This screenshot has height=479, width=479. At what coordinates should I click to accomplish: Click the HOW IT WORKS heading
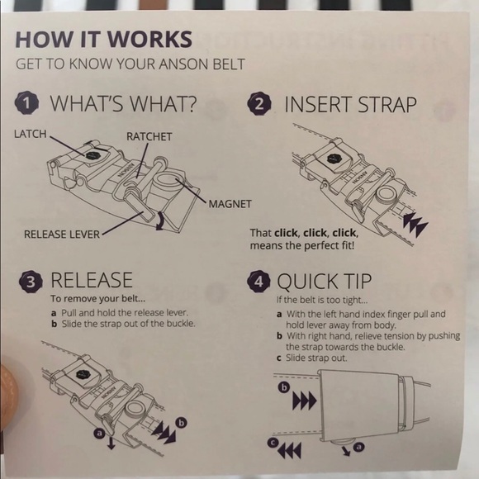coord(104,39)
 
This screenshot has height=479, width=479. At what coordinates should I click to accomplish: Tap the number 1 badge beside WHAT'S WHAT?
coord(27,103)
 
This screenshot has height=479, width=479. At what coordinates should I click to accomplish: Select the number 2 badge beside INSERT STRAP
coord(259,103)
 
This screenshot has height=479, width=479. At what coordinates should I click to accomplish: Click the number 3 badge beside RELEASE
coord(31,282)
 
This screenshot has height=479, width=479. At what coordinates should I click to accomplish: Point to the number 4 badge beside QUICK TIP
coord(258,282)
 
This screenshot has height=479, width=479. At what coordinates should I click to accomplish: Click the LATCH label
coord(31,134)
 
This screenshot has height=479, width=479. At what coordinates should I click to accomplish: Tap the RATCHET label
coord(149,136)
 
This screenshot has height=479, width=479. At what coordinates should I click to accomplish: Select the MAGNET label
coord(230,204)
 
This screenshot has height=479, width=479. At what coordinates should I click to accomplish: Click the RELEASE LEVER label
coord(62,235)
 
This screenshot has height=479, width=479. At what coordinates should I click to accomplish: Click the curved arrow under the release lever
coord(161,221)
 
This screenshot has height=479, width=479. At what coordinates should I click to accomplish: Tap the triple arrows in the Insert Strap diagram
coord(415,224)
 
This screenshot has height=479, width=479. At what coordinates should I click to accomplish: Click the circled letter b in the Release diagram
coord(182,423)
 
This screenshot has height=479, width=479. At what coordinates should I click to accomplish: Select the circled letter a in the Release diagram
coord(99,433)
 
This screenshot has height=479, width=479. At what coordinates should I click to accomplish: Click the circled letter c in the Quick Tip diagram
coord(272,443)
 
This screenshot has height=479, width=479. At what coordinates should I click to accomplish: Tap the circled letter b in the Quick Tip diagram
coord(284,387)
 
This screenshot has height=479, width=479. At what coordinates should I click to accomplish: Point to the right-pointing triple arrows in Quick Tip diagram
coord(304,401)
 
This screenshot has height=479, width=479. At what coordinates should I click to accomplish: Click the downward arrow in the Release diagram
coord(111,443)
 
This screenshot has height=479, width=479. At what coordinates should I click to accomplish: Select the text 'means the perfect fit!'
coord(302,245)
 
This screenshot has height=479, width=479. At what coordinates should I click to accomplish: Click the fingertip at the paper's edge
coord(7,397)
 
